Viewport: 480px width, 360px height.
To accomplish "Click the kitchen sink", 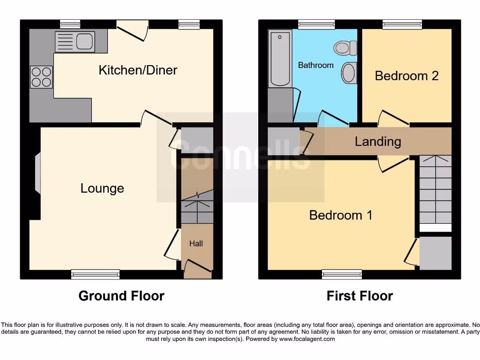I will (x=75, y=41).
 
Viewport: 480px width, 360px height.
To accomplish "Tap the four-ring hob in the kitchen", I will (x=41, y=77).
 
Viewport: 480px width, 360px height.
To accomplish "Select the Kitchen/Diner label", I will (x=138, y=70).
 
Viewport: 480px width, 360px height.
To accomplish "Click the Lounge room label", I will (x=102, y=188).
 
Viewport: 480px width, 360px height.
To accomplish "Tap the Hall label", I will (x=196, y=244).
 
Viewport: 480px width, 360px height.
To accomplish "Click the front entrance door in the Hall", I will (x=197, y=268).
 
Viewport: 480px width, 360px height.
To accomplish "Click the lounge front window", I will (x=95, y=274).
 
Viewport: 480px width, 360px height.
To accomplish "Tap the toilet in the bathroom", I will (x=346, y=48).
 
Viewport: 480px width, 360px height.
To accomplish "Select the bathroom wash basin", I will (x=349, y=73).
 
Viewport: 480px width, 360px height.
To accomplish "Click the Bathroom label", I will (x=316, y=65).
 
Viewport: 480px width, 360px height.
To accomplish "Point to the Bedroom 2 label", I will (x=406, y=76).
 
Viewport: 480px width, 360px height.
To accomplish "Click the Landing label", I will (x=378, y=142).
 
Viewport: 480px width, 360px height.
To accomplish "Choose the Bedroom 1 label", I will (x=341, y=215).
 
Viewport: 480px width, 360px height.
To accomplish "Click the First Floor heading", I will (x=360, y=296).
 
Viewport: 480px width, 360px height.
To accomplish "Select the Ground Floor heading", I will (x=121, y=296).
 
